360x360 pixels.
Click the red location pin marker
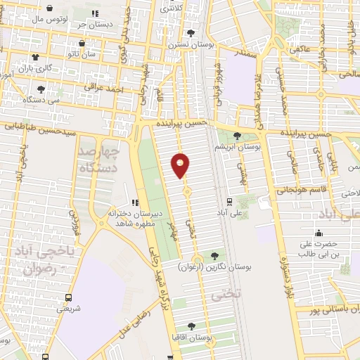pyautogui.click(x=181, y=165)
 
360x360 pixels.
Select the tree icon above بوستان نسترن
pyautogui.click(x=191, y=33)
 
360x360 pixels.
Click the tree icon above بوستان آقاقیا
pyautogui.click(x=191, y=326)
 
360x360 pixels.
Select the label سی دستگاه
pyautogui.click(x=41, y=101)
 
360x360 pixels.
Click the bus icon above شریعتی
pyautogui.click(x=68, y=297)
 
